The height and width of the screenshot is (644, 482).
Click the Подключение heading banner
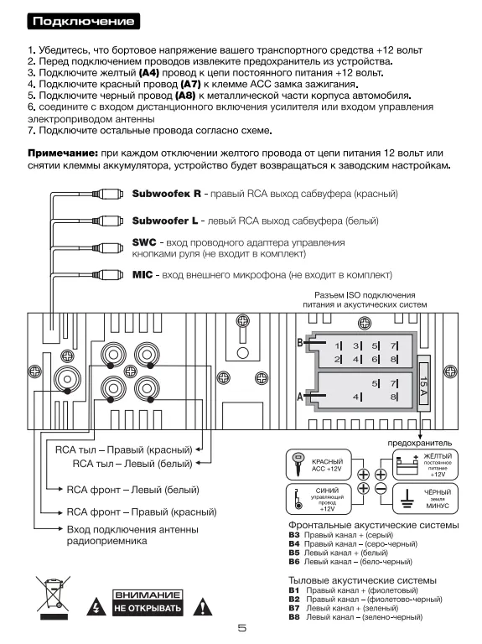pos(83,21)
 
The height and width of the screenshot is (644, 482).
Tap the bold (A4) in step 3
pos(149,73)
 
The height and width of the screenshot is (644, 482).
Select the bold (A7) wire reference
pos(190,84)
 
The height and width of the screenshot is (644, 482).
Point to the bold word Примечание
pos(63,153)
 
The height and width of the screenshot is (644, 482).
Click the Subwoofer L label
pos(164,221)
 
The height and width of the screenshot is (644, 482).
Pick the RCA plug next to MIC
pos(107,275)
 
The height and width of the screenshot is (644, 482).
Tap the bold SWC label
pos(144,242)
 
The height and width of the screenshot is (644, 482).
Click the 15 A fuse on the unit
pos(423,387)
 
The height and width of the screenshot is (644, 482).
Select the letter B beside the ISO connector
pos(300,342)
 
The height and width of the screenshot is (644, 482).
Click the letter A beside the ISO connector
pos(300,397)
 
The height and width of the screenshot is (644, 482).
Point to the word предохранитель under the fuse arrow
pos(420,443)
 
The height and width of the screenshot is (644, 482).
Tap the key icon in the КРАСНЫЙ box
pos(297,464)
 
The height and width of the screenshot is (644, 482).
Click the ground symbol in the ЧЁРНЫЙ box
pos(407,499)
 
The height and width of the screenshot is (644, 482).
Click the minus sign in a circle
pos(381,488)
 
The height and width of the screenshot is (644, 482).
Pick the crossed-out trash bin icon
pos(53,595)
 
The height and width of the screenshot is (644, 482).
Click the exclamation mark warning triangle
pos(202,606)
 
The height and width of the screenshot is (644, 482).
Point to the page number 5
pos(242,628)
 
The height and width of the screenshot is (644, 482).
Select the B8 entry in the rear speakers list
pos(355,617)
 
